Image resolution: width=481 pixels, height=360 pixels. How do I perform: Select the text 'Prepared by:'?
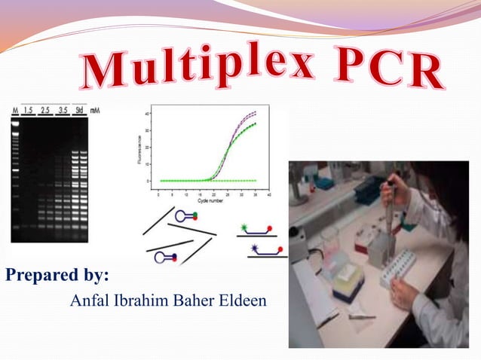(x=58, y=275)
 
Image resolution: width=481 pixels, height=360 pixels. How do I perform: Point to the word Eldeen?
(x=244, y=301)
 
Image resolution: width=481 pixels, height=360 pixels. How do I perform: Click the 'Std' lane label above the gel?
(x=79, y=110)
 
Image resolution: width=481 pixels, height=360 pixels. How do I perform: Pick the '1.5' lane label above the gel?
(x=29, y=110)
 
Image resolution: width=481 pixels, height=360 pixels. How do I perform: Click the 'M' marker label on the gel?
(x=14, y=110)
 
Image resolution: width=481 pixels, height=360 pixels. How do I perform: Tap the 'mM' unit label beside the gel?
(x=95, y=110)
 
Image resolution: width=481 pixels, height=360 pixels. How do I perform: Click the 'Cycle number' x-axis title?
(x=214, y=201)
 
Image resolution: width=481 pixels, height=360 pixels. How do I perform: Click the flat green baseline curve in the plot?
(x=226, y=181)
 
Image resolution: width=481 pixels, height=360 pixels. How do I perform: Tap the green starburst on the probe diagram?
(x=244, y=225)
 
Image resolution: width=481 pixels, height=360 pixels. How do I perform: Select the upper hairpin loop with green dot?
(x=185, y=216)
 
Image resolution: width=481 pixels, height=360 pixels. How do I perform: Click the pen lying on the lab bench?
(x=362, y=316)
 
